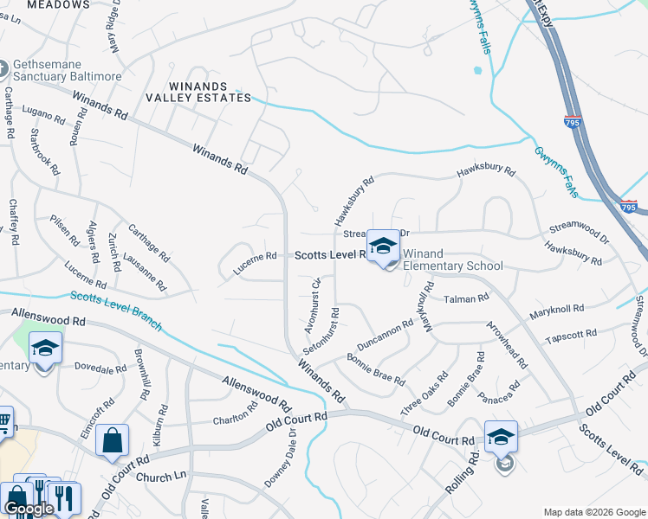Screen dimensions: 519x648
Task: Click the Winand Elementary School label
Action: [x=448, y=266]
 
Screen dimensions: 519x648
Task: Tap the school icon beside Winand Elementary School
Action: [x=383, y=247]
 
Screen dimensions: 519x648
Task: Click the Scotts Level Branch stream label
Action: [x=115, y=310]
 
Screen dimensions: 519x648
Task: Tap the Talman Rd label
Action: [x=466, y=298]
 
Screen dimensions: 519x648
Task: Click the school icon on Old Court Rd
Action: [x=501, y=437]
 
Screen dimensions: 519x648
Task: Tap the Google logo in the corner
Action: [x=29, y=509]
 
